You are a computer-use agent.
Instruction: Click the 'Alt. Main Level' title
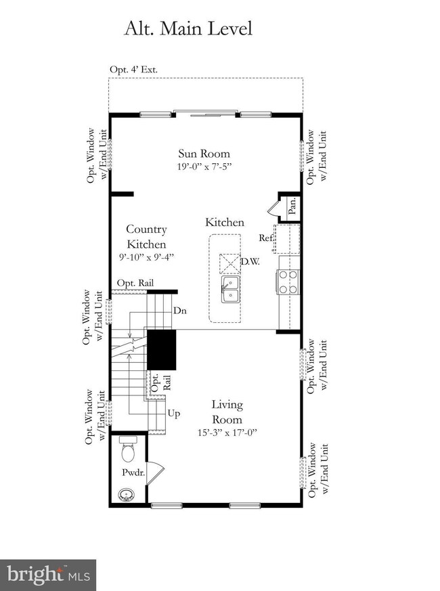click(x=188, y=28)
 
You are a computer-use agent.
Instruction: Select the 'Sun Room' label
click(x=204, y=153)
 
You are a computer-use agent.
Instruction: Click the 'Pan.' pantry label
click(x=292, y=206)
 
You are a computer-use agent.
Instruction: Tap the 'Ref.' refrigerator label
click(x=265, y=238)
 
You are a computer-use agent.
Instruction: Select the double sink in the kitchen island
click(x=230, y=287)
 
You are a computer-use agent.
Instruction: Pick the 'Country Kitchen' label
click(x=146, y=237)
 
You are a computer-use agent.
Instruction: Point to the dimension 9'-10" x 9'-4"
click(x=146, y=257)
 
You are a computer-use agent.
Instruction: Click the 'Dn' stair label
click(x=180, y=311)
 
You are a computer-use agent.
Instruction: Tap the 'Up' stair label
click(x=174, y=412)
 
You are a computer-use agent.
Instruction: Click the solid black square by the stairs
click(x=162, y=349)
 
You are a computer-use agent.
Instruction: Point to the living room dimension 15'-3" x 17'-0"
click(x=226, y=431)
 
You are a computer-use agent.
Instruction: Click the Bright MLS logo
click(x=47, y=574)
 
